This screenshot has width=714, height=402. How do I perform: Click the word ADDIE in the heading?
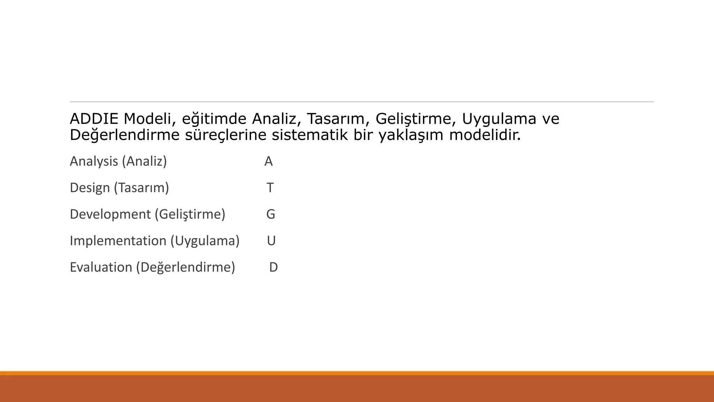tap(94, 119)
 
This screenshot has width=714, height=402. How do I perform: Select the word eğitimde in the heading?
tap(214, 119)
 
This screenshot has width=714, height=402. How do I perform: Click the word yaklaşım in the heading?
tap(411, 135)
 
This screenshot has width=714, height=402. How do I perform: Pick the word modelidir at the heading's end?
tap(485, 135)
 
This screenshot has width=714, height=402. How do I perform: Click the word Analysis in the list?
tap(94, 161)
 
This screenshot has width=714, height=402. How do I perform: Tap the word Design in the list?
tap(90, 188)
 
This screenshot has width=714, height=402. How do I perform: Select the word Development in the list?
tap(110, 214)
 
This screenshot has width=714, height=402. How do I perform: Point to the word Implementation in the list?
tap(118, 241)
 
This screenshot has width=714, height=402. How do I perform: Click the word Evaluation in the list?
tap(101, 267)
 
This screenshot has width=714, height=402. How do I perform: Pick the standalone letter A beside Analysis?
tap(268, 161)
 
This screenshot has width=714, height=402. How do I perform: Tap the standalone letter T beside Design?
tap(270, 188)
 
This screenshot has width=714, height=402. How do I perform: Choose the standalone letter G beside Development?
tap(271, 214)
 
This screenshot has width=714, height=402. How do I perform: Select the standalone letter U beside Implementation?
tap(271, 241)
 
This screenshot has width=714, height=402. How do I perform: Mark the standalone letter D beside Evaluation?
tap(273, 267)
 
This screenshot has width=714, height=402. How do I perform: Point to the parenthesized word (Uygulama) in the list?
tap(205, 241)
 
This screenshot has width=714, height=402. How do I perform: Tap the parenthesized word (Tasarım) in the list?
tap(142, 188)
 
